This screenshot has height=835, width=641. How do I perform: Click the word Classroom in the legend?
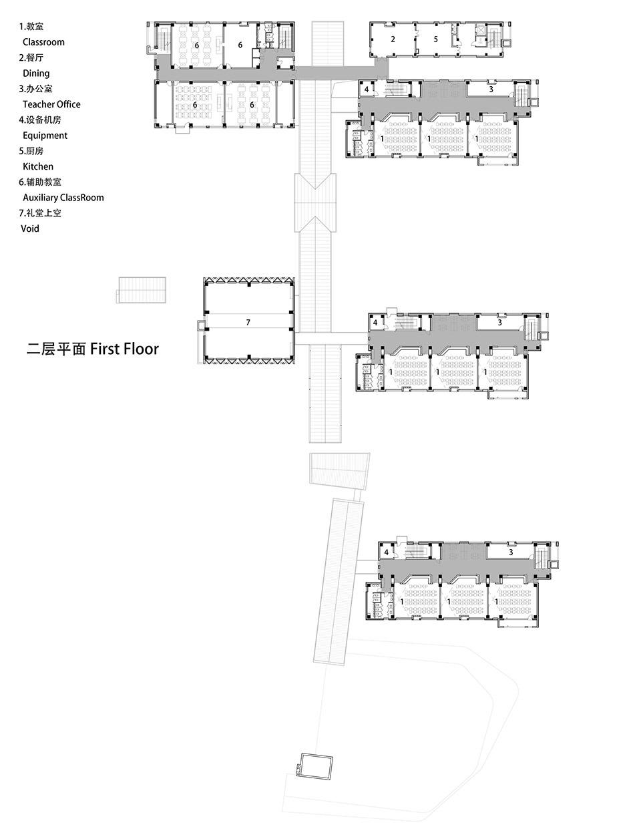43,42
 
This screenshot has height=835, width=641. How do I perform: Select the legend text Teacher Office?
51,104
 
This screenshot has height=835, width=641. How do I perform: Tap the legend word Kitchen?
38,166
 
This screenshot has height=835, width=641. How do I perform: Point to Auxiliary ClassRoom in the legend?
63,198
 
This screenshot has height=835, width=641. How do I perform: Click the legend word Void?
30,228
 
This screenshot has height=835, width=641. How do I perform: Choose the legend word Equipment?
45,136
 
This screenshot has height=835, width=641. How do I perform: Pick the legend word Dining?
36,73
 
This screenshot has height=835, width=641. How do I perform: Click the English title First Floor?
124,349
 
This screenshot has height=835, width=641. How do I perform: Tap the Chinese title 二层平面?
56,349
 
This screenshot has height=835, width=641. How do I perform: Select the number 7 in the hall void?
248,323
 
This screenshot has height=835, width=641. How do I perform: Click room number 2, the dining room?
393,39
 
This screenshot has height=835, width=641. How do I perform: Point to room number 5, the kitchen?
435,39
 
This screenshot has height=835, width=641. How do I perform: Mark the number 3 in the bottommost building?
511,552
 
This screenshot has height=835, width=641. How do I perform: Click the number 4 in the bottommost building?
387,552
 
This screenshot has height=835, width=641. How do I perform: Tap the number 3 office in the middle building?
499,323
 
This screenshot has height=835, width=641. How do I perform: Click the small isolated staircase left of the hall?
141,289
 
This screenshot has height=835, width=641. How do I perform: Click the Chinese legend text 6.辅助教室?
41,182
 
